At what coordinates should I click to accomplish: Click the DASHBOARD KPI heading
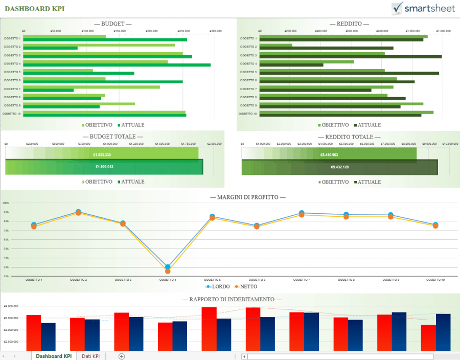tap(35, 9)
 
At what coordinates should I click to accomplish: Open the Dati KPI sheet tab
tap(90, 356)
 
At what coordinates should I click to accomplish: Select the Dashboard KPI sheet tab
tap(54, 356)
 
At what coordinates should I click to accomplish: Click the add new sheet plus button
tap(122, 356)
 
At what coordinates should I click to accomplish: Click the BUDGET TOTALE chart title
tap(113, 137)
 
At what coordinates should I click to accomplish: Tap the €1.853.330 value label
tap(102, 154)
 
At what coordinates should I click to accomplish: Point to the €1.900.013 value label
tap(104, 167)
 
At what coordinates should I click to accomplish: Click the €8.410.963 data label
tap(329, 154)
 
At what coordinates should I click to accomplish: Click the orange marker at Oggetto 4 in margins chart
tap(168, 271)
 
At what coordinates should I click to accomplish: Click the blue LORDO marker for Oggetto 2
tap(78, 211)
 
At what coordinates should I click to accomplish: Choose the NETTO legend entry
tap(246, 286)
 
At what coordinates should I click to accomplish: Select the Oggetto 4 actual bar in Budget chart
tap(117, 65)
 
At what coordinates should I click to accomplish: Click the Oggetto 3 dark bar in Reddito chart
tap(351, 57)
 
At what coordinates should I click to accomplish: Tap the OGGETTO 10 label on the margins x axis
tap(435, 280)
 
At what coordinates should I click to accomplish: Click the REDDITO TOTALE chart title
tap(349, 137)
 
